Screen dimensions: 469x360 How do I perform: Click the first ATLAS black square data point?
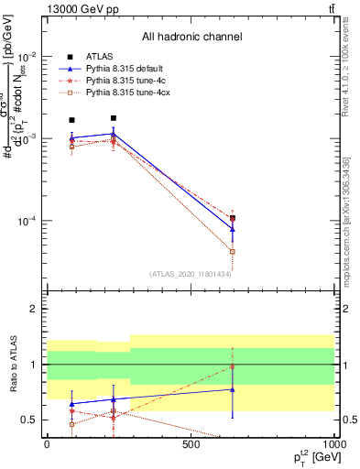(71, 120)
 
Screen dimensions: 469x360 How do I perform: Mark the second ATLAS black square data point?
(113, 118)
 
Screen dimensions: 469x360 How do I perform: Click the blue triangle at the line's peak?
(113, 134)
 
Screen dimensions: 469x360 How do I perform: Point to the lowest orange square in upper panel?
(233, 251)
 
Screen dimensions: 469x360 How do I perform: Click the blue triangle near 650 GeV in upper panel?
(233, 229)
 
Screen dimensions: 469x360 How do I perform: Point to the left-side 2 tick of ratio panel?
(35, 309)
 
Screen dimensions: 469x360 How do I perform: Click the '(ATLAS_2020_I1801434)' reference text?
(191, 273)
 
